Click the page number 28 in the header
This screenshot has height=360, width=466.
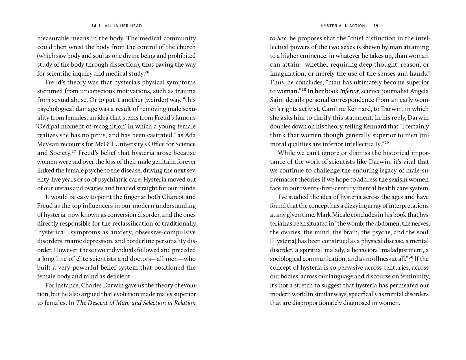pyautogui.click(x=94, y=26)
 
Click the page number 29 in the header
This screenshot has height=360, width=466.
pyautogui.click(x=376, y=26)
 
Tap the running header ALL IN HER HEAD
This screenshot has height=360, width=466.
pyautogui.click(x=123, y=26)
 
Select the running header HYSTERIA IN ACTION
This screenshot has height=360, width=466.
pyautogui.click(x=343, y=26)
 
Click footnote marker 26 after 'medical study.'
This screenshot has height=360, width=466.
pyautogui.click(x=147, y=72)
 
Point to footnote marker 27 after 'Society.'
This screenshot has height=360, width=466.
pyautogui.click(x=74, y=152)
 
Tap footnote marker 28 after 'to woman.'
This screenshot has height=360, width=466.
pyautogui.click(x=304, y=90)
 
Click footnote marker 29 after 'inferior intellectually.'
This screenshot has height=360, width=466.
pyautogui.click(x=387, y=143)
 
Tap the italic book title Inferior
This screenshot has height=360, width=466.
pyautogui.click(x=349, y=91)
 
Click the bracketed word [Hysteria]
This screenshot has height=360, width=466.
pyautogui.click(x=283, y=241)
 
